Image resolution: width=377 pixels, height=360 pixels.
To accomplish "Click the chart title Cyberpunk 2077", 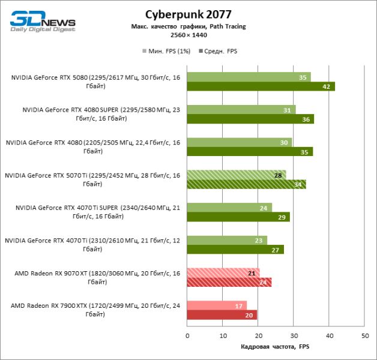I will [188, 14].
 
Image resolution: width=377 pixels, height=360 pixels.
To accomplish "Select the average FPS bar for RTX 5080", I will [261, 86].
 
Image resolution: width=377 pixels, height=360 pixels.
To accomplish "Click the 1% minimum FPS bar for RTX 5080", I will [249, 77].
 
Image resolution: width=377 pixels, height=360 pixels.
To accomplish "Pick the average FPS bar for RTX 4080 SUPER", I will [250, 119].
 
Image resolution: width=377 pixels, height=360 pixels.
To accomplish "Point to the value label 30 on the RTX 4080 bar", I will [283, 142].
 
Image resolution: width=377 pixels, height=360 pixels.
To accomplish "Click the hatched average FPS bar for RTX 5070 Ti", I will [247, 184].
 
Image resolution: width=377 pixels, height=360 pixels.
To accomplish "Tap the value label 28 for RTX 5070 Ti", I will [278, 175].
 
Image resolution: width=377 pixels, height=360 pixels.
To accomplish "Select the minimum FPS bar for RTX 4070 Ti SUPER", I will [229, 208].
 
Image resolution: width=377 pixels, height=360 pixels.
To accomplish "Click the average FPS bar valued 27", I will [235, 250].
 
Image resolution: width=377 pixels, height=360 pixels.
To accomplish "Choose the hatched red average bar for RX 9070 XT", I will [229, 282].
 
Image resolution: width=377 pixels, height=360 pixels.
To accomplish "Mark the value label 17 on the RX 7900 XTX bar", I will [239, 305].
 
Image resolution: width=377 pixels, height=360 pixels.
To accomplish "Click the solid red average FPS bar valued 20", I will [222, 314].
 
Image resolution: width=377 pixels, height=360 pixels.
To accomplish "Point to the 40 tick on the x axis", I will [329, 336].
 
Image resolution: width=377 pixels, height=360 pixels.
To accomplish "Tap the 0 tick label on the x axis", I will [187, 336].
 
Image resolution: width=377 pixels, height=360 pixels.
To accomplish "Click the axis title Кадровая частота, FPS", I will [275, 347].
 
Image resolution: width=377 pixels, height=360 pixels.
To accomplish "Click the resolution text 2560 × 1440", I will [188, 35].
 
